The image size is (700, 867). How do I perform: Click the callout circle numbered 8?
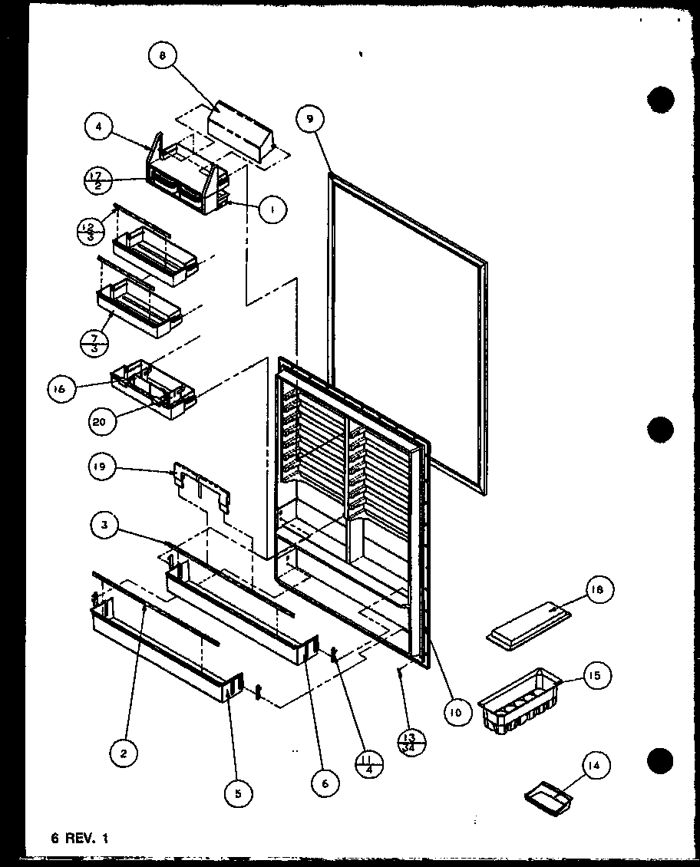pyautogui.click(x=164, y=55)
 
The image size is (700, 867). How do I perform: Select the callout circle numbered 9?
pyautogui.click(x=309, y=118)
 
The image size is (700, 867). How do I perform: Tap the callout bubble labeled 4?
pyautogui.click(x=100, y=127)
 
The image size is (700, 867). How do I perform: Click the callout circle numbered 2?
pyautogui.click(x=124, y=753)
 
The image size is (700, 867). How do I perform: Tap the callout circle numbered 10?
pyautogui.click(x=457, y=711)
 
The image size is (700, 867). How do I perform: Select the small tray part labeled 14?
pyautogui.click(x=550, y=798)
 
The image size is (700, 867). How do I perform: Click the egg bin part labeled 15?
pyautogui.click(x=519, y=701)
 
